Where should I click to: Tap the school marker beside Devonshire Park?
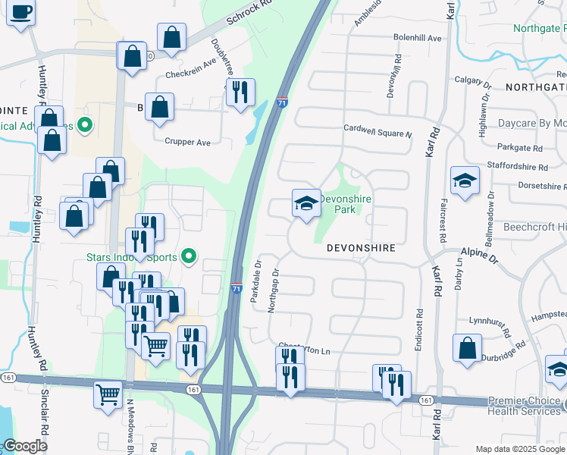pyautogui.click(x=305, y=203)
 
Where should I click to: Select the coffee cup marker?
pyautogui.click(x=20, y=12)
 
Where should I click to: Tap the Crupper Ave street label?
pyautogui.click(x=187, y=142)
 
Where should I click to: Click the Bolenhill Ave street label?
pyautogui.click(x=417, y=38)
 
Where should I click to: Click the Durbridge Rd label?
pyautogui.click(x=506, y=347)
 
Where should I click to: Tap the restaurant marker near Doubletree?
pyautogui.click(x=240, y=93)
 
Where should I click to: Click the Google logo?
pyautogui.click(x=26, y=446)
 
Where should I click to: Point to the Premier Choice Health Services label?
pyautogui.click(x=525, y=406)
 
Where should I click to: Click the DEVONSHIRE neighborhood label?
pyautogui.click(x=362, y=248)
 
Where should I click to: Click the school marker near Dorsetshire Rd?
pyautogui.click(x=465, y=180)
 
